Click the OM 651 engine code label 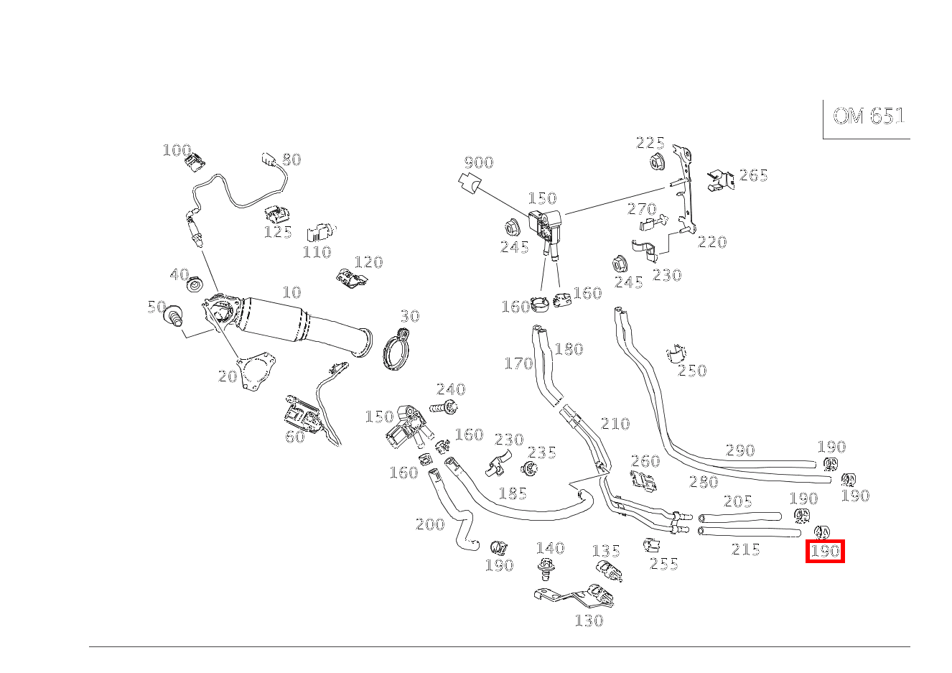point(868,116)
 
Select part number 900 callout point(478,163)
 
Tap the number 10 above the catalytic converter point(291,292)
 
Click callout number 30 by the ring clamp point(409,316)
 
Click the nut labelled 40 point(194,285)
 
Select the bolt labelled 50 point(173,316)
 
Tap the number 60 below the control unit point(295,437)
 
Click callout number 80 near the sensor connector point(291,159)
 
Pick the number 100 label point(176,150)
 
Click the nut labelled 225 point(655,163)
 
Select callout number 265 point(753,175)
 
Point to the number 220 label point(712,242)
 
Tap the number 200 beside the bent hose point(430,524)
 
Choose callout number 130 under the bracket point(589,621)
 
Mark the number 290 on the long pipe point(740,450)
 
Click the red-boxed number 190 point(825,551)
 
